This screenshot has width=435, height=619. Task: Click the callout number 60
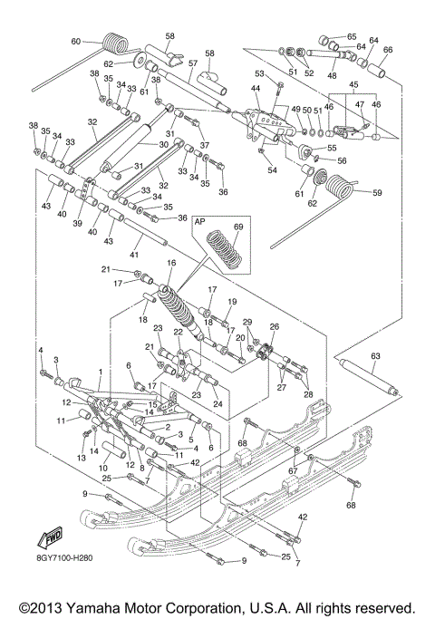(x=75, y=41)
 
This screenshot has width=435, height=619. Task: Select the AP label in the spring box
(x=200, y=220)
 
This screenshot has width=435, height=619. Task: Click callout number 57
(x=191, y=64)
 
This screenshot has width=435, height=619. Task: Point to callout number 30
(x=164, y=145)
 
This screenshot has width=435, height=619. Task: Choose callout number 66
(x=388, y=50)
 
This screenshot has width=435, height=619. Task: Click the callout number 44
(x=256, y=88)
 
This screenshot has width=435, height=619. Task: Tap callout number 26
(x=273, y=327)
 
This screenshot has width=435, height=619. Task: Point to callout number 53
(x=259, y=73)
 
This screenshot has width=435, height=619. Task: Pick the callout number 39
(x=79, y=224)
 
